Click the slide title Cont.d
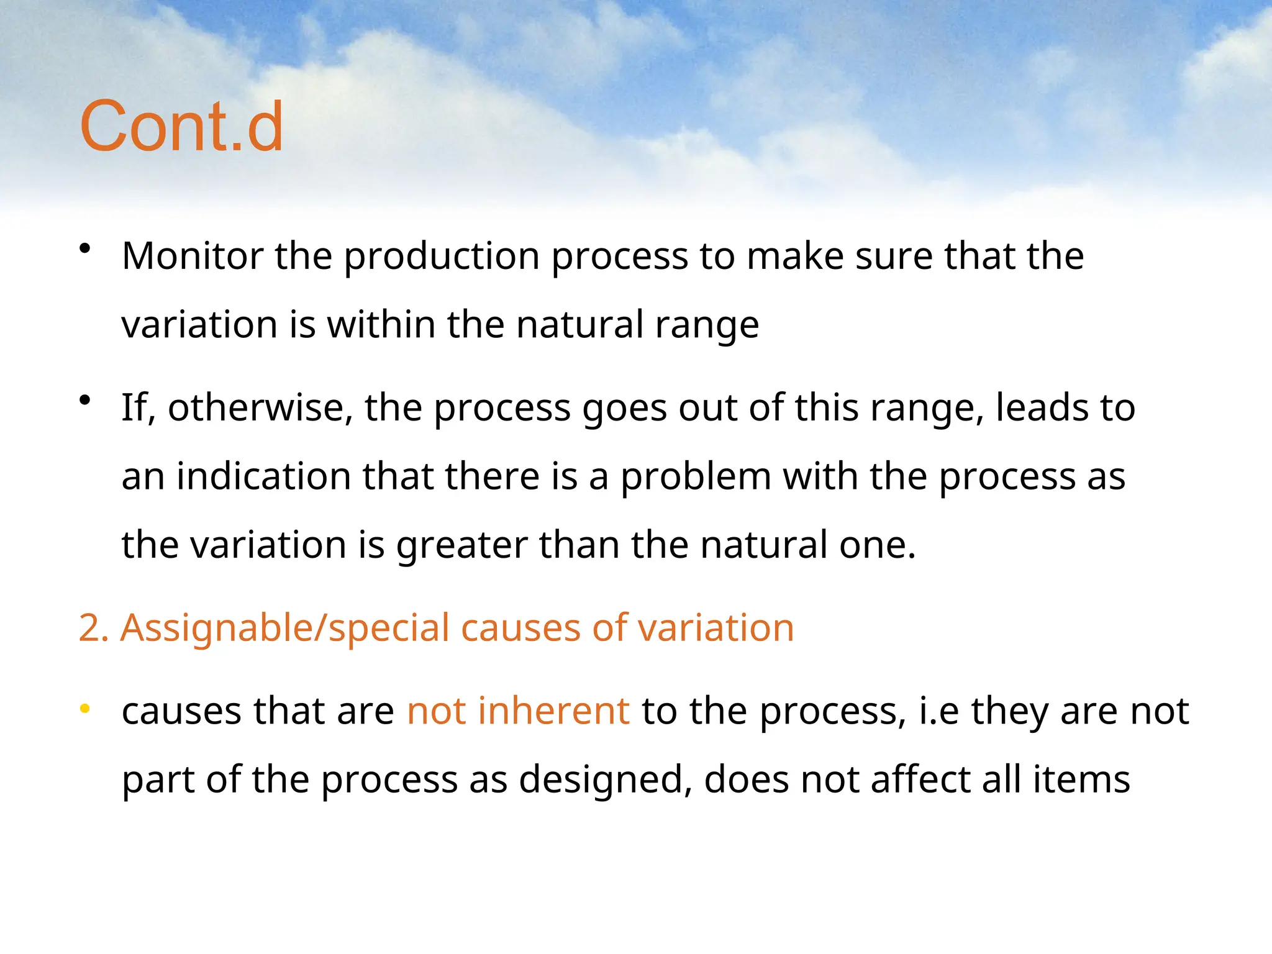pos(181,127)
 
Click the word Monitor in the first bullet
pos(193,256)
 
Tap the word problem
pos(696,477)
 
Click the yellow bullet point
pos(86,709)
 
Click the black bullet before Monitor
pos(86,250)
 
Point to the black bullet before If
pos(86,401)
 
